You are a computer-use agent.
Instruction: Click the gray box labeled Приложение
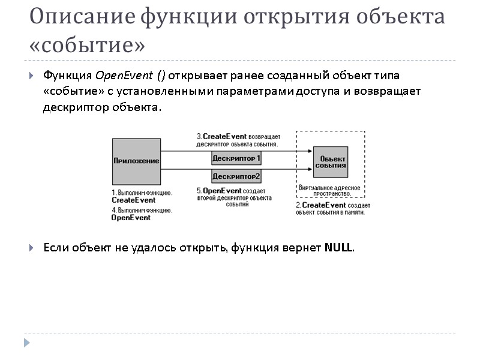137,161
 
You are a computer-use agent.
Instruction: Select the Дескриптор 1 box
236,158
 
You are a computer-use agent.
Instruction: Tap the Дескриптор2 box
236,176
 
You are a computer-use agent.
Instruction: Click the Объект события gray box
330,161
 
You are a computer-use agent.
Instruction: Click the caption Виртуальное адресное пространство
329,191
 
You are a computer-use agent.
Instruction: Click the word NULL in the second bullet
339,248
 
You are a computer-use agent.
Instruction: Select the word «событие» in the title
87,45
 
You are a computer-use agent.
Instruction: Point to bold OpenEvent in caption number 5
222,191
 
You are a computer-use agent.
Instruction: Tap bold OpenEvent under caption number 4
131,218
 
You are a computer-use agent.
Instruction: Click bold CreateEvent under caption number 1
133,200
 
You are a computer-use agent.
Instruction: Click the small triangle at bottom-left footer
27,343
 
